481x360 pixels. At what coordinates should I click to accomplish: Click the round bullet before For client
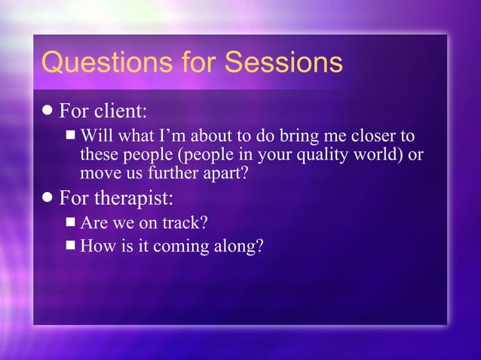(48, 111)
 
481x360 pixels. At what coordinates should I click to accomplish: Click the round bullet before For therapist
(48, 198)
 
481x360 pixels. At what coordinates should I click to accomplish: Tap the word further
(171, 173)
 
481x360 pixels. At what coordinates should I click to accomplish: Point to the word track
(187, 223)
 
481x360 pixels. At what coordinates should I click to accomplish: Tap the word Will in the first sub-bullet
(95, 136)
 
